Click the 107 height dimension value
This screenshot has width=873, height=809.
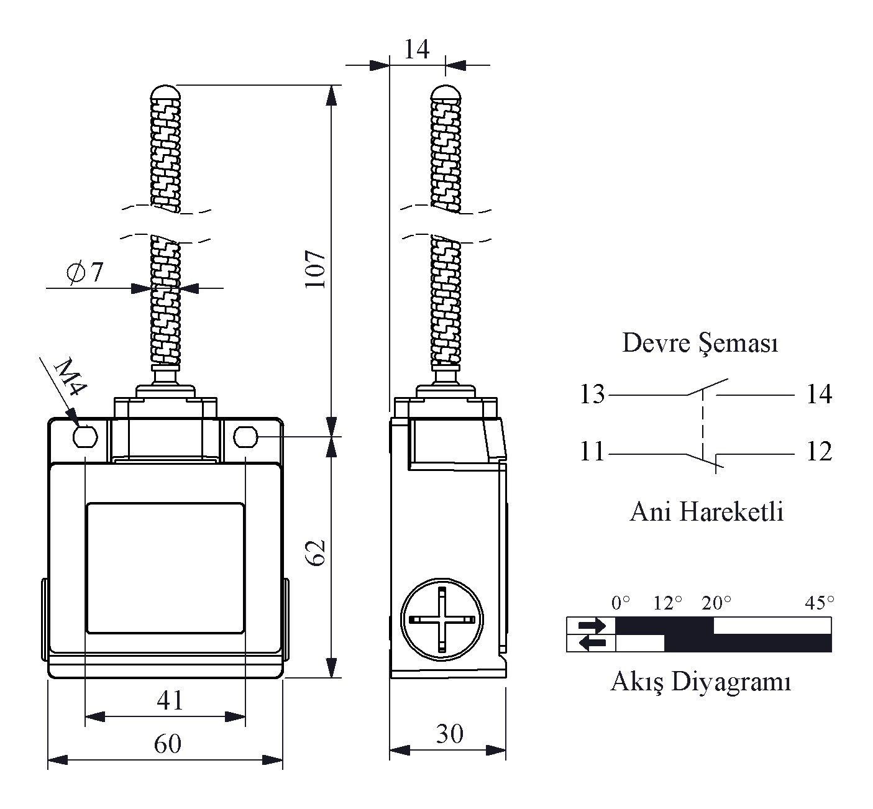coord(316,269)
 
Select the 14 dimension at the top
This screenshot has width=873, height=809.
coord(416,49)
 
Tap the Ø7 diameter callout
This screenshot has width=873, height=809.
coord(85,272)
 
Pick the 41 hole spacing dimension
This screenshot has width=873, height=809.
coord(170,700)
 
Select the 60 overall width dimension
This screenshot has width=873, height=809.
coord(167,744)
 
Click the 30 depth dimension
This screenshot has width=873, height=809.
coord(449,734)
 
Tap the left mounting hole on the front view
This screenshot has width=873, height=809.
coord(85,436)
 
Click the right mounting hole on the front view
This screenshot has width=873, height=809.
coord(246,437)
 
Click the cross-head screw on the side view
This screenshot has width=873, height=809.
coord(442,619)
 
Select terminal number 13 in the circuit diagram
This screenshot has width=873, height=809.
coord(592,394)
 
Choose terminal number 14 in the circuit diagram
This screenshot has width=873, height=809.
coord(818,394)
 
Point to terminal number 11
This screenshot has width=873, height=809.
coord(592,452)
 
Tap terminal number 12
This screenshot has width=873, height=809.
coord(818,452)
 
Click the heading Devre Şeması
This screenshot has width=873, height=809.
coord(700,343)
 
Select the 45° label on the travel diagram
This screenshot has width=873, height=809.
coord(820,602)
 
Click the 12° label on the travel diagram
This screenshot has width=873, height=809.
coord(668,602)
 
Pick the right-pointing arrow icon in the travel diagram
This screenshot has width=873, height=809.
coord(591,625)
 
